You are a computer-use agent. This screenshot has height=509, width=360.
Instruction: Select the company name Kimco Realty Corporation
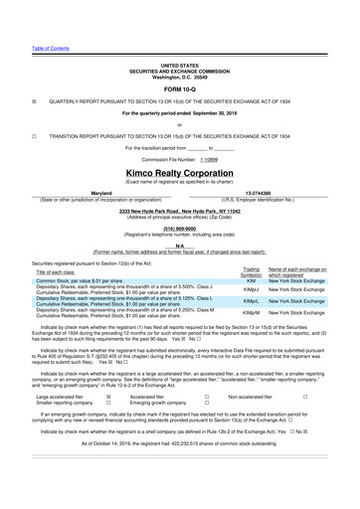pyautogui.click(x=179, y=170)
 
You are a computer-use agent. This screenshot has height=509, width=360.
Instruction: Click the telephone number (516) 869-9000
pyautogui.click(x=179, y=227)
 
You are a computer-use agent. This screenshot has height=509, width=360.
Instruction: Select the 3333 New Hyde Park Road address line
pyautogui.click(x=179, y=210)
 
